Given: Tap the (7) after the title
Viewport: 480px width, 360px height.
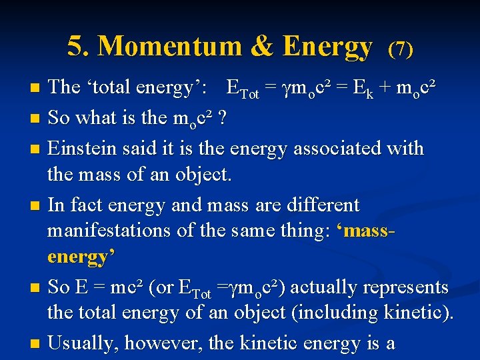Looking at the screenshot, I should point(401,49).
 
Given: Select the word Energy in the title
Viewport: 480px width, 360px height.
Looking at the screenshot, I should point(327,46).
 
